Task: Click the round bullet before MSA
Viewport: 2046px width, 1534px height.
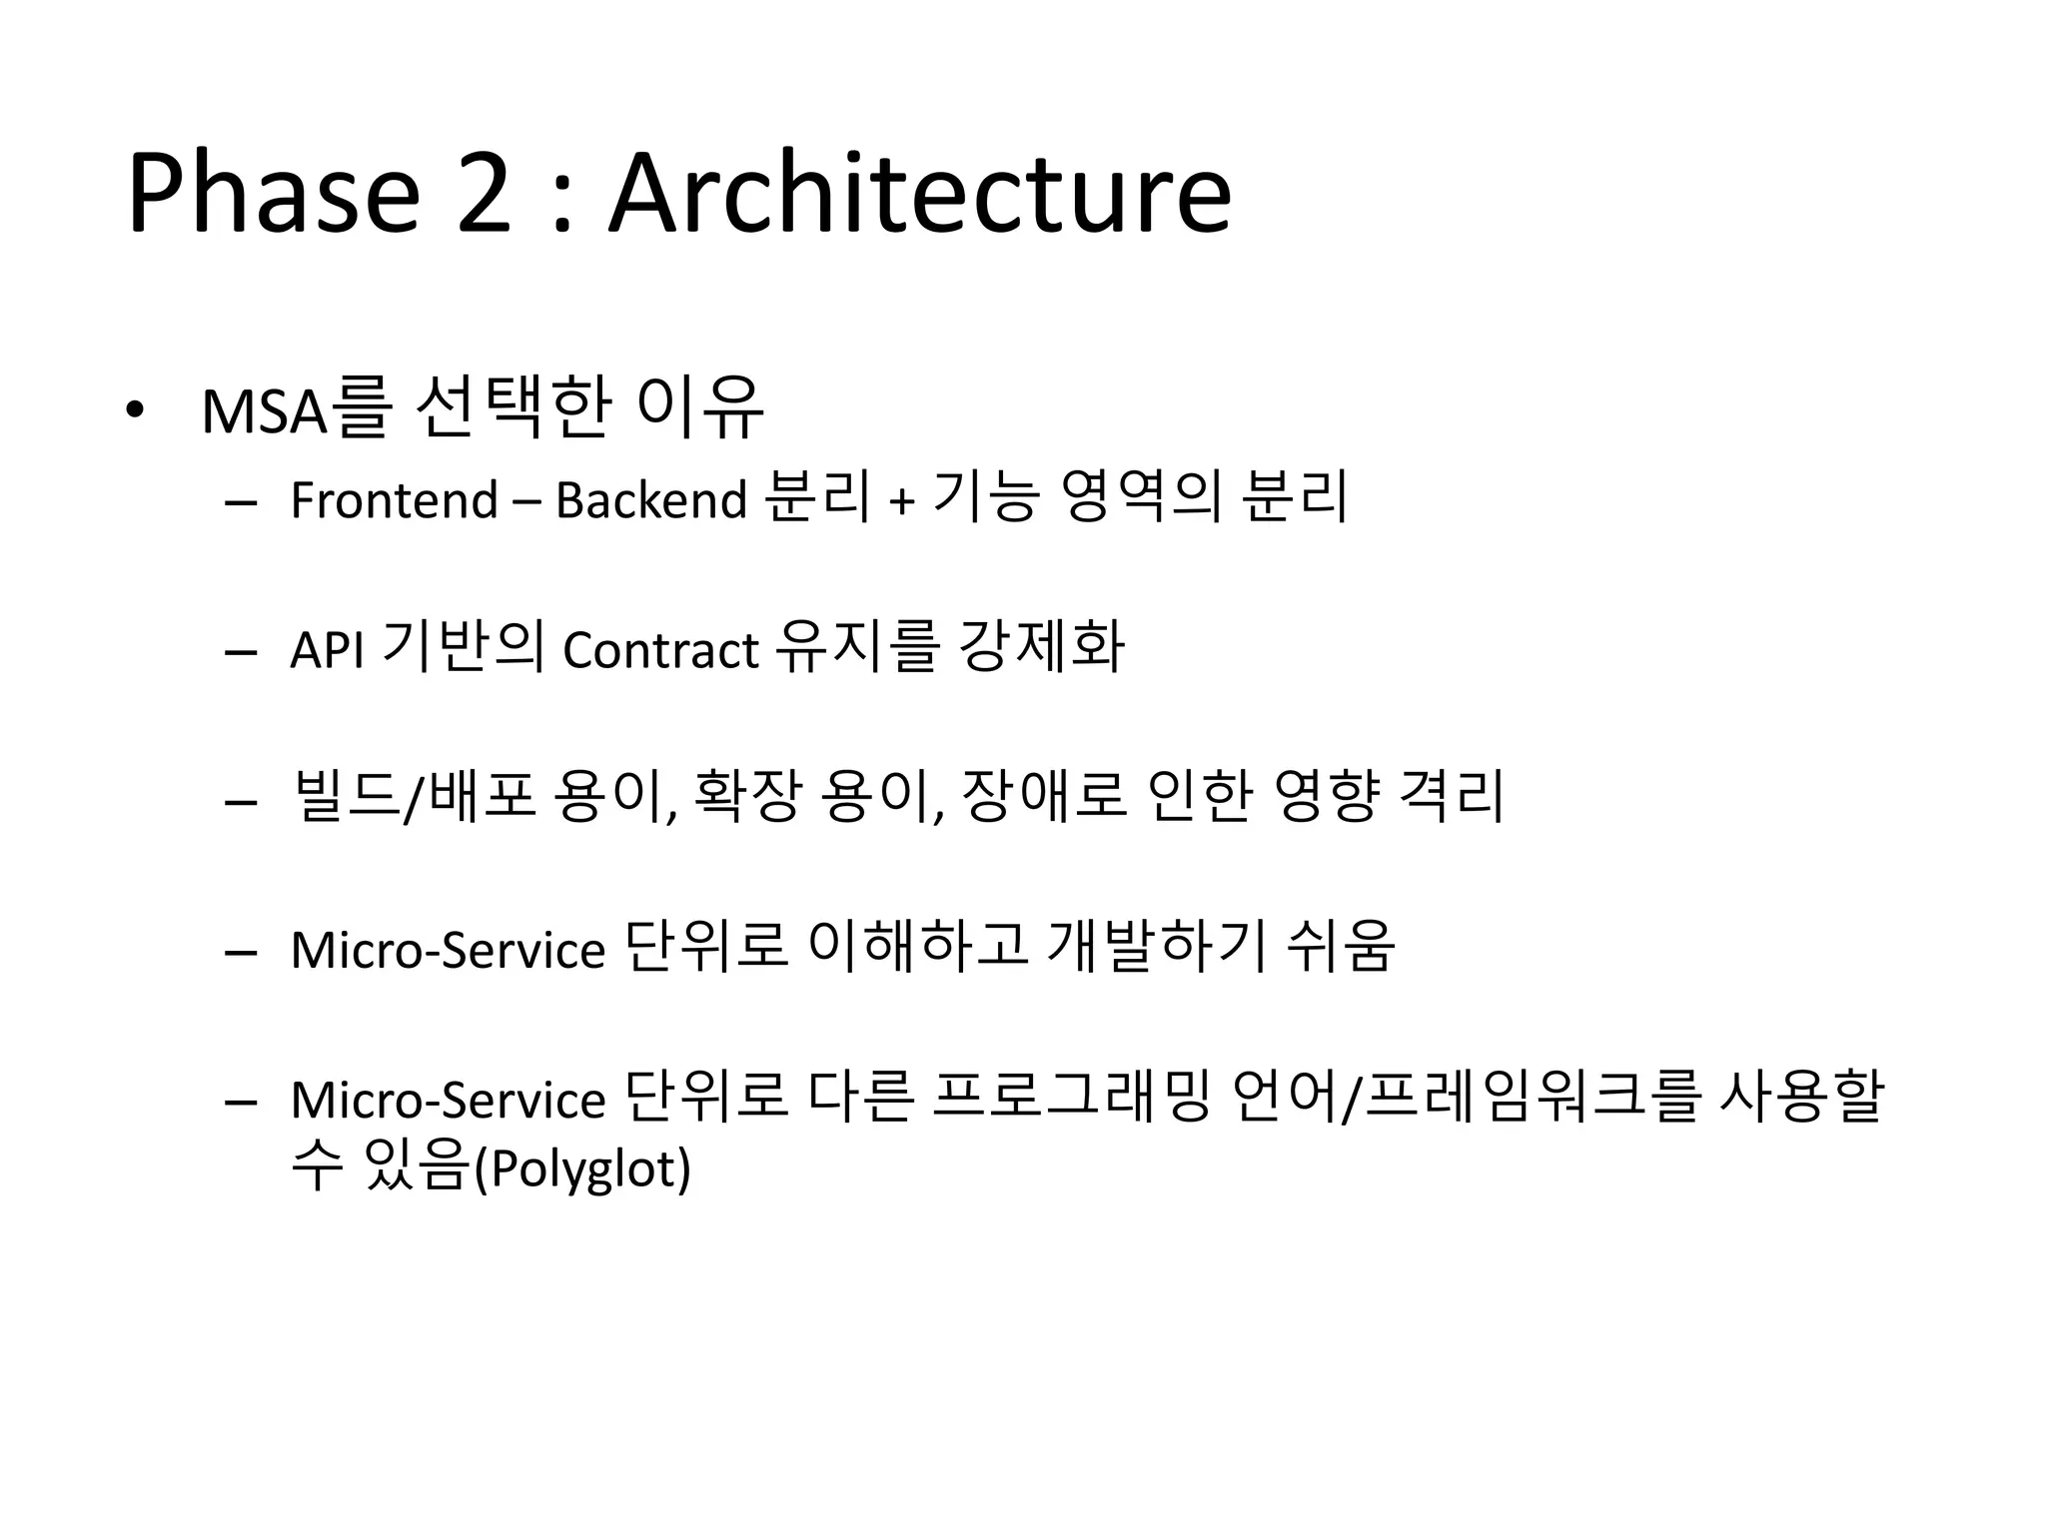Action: [x=135, y=410]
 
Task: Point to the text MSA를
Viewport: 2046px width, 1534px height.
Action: [x=294, y=408]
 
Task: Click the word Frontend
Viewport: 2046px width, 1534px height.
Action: [x=394, y=499]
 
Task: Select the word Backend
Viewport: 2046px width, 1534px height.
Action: [x=650, y=499]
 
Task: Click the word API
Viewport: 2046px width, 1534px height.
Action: [x=326, y=650]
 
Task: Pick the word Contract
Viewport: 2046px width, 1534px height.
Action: [x=660, y=650]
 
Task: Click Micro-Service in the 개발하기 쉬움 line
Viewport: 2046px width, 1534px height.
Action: [x=448, y=950]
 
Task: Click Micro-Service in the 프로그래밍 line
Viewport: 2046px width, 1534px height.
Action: [x=448, y=1100]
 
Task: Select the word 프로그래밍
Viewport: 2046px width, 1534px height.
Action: [x=1070, y=1097]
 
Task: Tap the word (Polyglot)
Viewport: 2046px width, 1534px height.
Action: [x=582, y=1168]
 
